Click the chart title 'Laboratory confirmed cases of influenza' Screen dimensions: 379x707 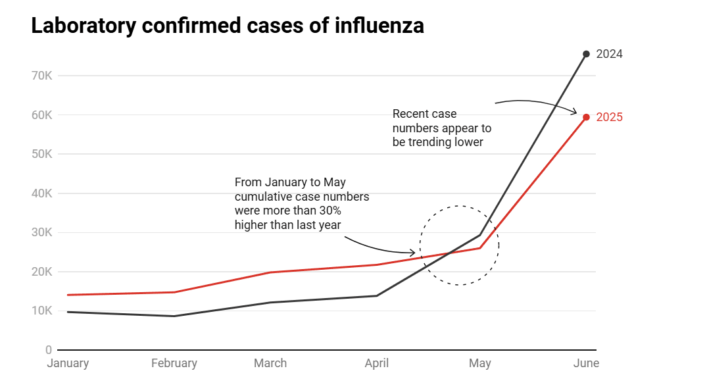[x=228, y=26]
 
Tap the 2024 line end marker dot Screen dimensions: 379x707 [x=586, y=54]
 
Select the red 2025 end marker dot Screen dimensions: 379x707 [x=586, y=117]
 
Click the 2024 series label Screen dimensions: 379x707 [x=609, y=54]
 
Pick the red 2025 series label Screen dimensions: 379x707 [x=609, y=117]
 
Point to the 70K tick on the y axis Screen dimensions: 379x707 [x=41, y=76]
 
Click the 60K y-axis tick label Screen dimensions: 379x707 [x=41, y=115]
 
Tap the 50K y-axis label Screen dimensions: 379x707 [x=41, y=154]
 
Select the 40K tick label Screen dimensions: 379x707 [x=41, y=193]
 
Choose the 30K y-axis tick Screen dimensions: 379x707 [x=41, y=232]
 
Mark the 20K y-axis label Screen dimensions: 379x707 [x=41, y=272]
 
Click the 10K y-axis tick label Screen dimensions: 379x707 [x=41, y=311]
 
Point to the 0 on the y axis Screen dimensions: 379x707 [x=49, y=350]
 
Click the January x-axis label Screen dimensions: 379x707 [x=68, y=363]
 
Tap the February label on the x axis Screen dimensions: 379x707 [x=174, y=363]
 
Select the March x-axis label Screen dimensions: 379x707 [x=270, y=363]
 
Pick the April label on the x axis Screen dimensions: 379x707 [x=376, y=363]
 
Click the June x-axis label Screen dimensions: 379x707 [x=586, y=363]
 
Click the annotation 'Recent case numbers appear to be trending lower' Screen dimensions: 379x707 [x=441, y=128]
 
